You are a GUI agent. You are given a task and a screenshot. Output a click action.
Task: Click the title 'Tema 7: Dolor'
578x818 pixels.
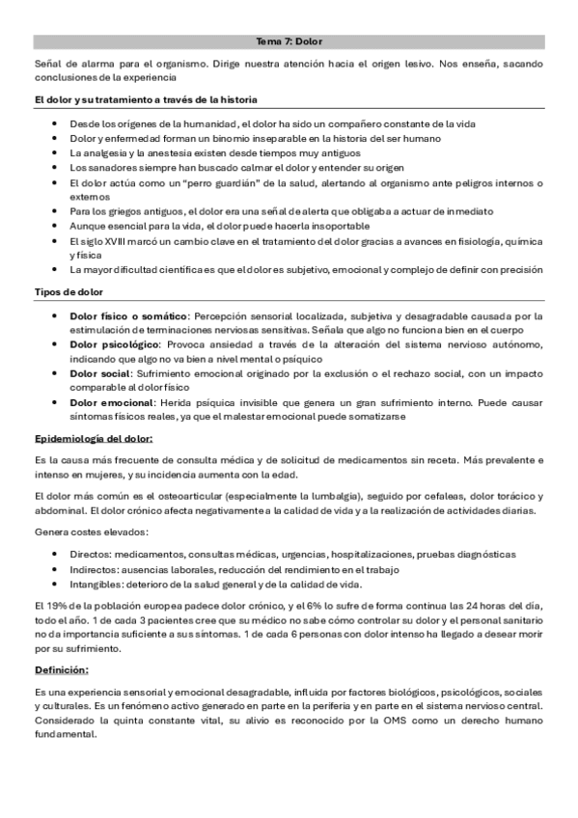[289, 42]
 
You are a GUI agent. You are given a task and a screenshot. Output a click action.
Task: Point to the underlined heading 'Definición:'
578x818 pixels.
[62, 668]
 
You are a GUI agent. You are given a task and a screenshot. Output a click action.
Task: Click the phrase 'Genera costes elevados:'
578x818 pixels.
[92, 532]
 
